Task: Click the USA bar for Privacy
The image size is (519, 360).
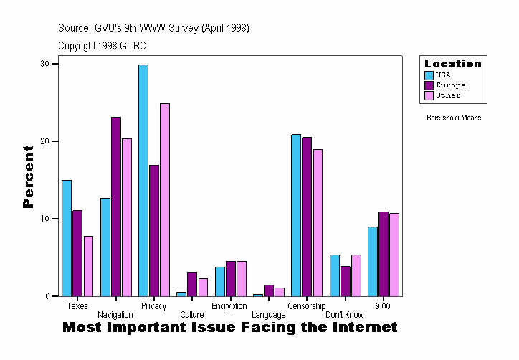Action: (x=143, y=180)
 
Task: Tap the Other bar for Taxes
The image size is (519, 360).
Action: (x=88, y=266)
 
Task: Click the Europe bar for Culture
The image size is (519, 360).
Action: (x=192, y=284)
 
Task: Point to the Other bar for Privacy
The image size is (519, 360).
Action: (x=165, y=200)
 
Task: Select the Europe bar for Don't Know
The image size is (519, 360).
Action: (x=346, y=281)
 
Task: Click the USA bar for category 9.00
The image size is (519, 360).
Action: (x=373, y=261)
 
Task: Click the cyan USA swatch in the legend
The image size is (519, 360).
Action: (x=429, y=75)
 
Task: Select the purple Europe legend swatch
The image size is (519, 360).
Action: (x=429, y=85)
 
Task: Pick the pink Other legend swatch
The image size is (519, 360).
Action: (x=429, y=95)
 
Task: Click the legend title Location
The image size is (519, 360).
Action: (x=453, y=64)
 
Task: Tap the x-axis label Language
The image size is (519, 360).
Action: (x=268, y=315)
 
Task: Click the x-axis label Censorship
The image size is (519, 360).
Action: (x=307, y=306)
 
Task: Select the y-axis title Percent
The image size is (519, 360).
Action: (x=29, y=176)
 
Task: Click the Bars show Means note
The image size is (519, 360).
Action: (x=454, y=118)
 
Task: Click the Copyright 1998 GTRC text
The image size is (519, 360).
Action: (x=102, y=46)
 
